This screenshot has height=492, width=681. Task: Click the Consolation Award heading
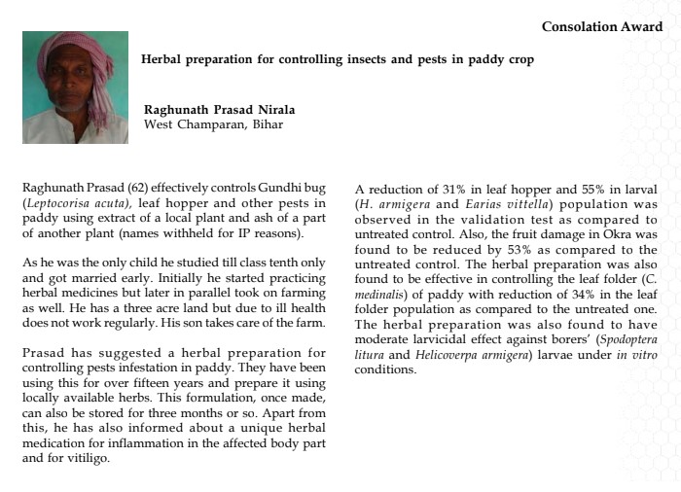tap(600, 26)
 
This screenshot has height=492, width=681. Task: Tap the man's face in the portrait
tap(70, 92)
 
